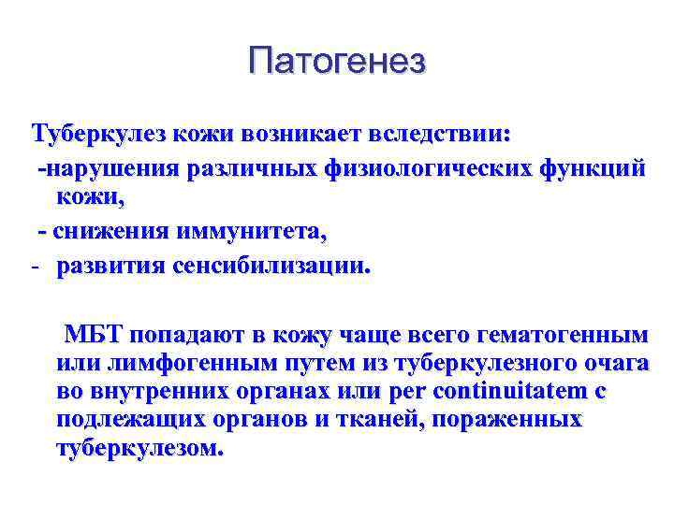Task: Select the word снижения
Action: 105,230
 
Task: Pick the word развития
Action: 110,267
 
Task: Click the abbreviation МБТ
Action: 95,335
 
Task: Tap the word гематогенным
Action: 563,335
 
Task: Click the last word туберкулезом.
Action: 139,448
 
